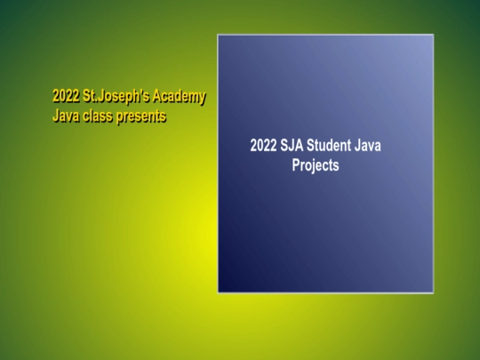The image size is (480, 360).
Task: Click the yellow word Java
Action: pos(67,115)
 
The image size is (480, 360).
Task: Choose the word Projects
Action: pos(316,165)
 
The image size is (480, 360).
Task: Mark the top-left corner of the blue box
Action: pos(219,36)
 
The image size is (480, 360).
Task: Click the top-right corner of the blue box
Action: pos(433,36)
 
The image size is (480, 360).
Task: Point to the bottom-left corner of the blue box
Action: pos(219,292)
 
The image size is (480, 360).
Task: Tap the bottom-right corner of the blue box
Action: pos(433,292)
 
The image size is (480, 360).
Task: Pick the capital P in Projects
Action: pos(297,165)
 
